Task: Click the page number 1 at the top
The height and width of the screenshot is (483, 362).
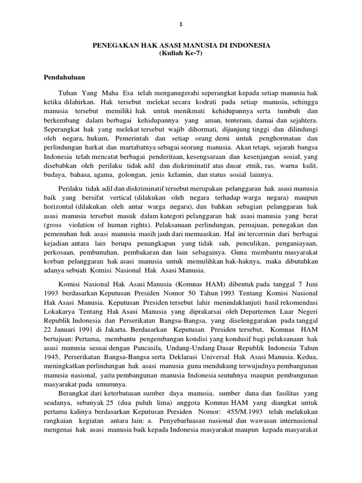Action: tap(181, 24)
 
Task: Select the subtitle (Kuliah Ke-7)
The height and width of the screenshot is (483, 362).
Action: tap(181, 53)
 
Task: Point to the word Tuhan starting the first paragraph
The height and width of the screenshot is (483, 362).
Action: tap(67, 94)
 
